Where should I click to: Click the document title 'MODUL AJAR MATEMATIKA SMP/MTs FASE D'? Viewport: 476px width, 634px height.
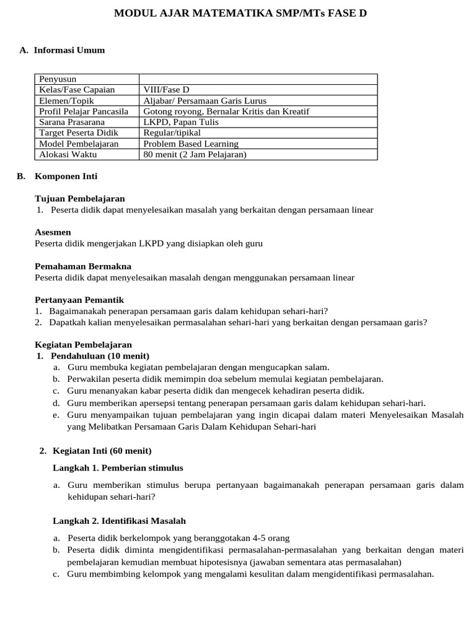[240, 12]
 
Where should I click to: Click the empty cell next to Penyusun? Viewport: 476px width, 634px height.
[258, 79]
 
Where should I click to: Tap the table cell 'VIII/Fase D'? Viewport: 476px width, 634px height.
[166, 90]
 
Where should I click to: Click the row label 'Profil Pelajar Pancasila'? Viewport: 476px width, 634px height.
[84, 111]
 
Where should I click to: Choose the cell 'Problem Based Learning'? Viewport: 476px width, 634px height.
[190, 144]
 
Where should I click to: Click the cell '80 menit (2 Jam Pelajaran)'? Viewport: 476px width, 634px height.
[195, 154]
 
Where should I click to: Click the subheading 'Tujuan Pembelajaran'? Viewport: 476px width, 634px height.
[80, 199]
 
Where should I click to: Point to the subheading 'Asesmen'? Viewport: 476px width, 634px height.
[53, 232]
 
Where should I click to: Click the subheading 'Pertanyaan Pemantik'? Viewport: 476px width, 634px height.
[79, 300]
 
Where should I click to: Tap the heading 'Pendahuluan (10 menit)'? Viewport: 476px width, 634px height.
[100, 356]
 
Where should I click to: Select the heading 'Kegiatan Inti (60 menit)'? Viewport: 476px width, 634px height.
[102, 451]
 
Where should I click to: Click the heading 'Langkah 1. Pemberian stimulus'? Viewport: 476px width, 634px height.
[118, 467]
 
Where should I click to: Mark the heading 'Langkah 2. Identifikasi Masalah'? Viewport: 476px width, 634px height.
[119, 521]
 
